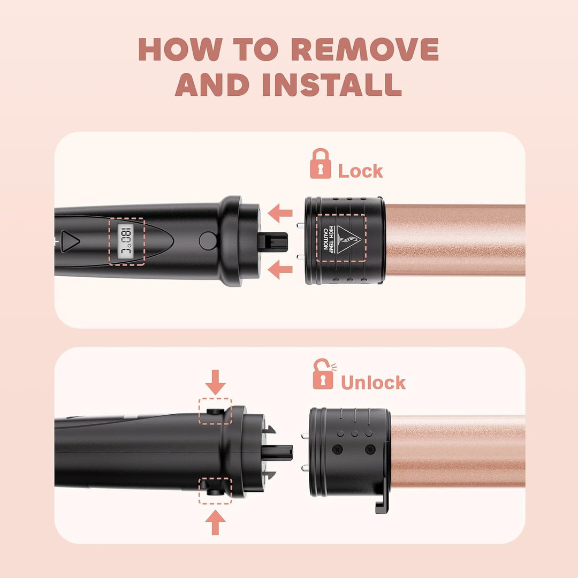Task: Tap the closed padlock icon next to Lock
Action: click(321, 164)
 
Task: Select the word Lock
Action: click(360, 171)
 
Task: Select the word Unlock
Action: click(373, 383)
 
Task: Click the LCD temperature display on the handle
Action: click(126, 240)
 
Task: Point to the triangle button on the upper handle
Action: click(70, 241)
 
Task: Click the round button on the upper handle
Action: click(207, 240)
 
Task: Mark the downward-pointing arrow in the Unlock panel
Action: click(215, 383)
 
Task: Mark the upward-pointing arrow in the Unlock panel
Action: click(215, 522)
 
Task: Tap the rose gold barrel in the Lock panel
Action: click(455, 240)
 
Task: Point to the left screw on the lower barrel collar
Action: click(337, 449)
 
